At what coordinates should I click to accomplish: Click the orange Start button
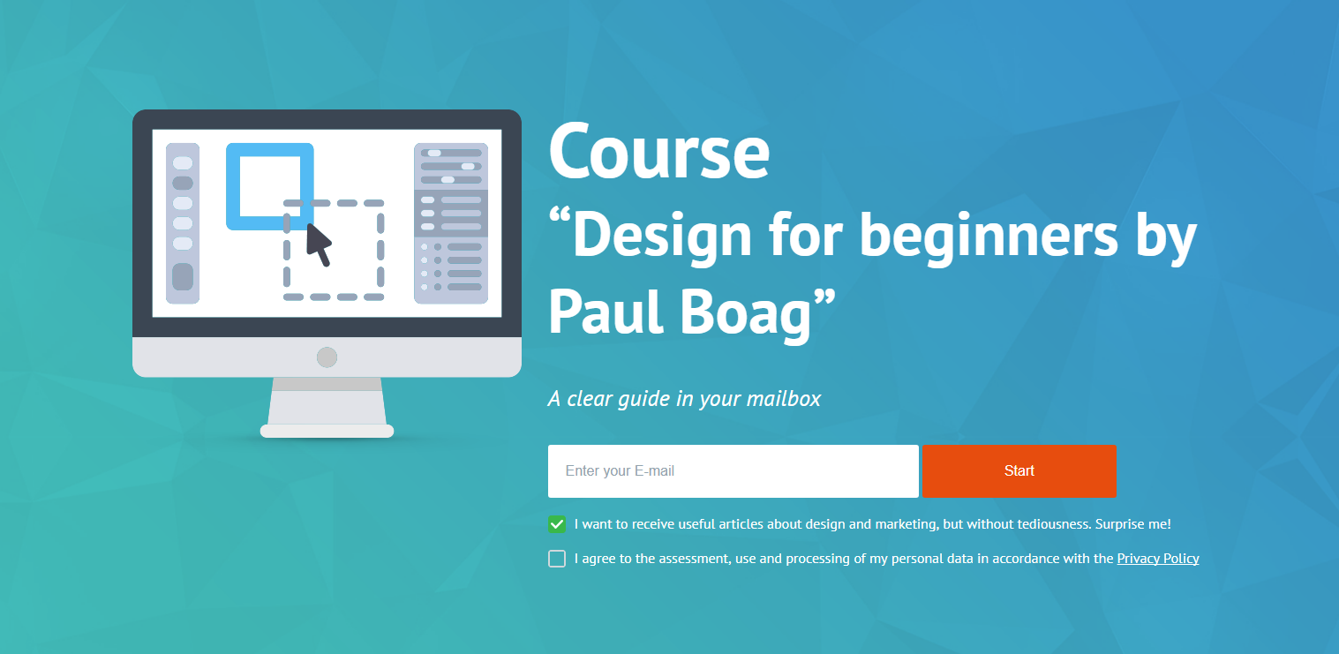click(1019, 471)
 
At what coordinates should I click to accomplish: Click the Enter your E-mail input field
click(733, 471)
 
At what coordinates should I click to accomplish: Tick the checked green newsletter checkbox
click(557, 524)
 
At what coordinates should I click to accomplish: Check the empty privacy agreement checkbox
click(557, 559)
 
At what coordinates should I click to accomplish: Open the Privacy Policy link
click(1158, 559)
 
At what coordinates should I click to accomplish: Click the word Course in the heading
click(658, 151)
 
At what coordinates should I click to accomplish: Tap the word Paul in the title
click(606, 312)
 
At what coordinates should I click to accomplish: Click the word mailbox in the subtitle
click(784, 398)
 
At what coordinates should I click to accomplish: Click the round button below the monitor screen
click(327, 357)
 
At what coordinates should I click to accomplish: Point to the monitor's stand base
click(327, 431)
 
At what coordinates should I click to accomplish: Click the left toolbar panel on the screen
click(183, 223)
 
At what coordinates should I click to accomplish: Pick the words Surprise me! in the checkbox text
click(1132, 524)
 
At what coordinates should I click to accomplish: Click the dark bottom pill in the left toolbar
click(183, 277)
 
